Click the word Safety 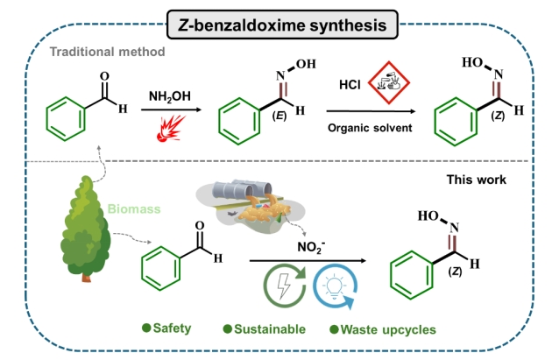click(x=172, y=329)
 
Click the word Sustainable click(x=270, y=329)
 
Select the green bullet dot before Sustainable click(x=226, y=329)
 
